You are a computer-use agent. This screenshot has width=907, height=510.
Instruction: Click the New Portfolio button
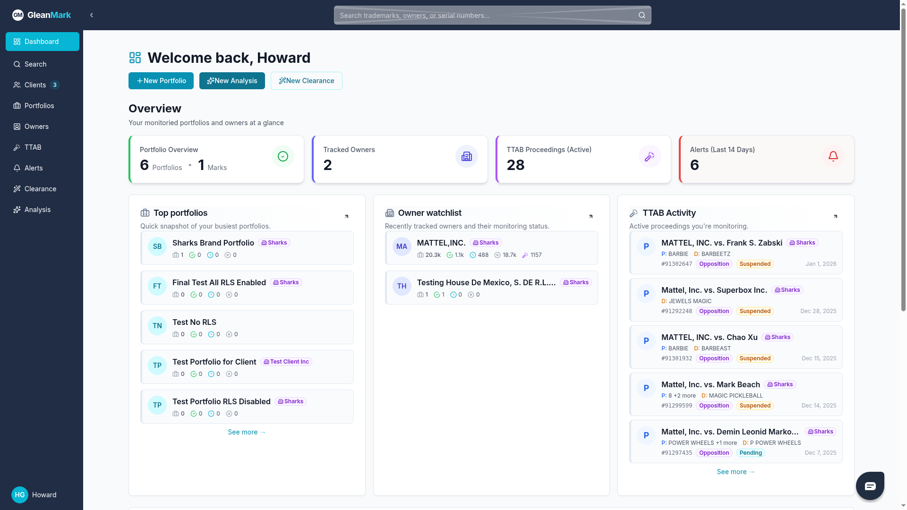[161, 81]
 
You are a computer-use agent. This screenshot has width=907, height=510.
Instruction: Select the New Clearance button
[306, 81]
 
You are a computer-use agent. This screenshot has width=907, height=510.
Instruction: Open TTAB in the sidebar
[33, 147]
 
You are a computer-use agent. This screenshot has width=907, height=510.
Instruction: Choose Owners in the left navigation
[36, 127]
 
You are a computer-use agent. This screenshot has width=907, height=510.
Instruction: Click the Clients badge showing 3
[55, 85]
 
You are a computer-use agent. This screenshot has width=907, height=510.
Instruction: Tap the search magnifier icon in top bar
[642, 15]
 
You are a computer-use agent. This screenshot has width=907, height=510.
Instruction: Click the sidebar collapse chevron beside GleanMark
[92, 15]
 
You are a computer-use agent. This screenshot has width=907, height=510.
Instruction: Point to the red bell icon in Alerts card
[833, 156]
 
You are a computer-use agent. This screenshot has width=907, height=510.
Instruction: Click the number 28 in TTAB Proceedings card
[515, 165]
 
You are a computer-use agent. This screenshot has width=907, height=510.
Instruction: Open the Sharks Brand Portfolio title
[213, 243]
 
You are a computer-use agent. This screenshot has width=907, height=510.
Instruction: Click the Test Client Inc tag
[286, 362]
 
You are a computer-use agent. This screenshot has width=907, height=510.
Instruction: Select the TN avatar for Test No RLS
[157, 326]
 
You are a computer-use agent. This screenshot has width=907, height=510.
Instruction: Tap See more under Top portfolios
[247, 432]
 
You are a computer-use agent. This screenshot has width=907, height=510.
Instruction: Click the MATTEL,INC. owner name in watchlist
[441, 243]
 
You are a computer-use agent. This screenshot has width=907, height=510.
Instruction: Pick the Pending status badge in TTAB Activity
[750, 453]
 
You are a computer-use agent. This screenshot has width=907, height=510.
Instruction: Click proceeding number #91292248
[676, 311]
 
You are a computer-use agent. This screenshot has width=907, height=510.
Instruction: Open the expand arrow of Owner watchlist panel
[590, 216]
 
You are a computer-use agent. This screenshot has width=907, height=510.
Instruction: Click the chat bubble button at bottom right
[870, 486]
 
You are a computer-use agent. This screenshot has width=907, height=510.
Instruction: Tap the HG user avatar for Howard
[20, 495]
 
